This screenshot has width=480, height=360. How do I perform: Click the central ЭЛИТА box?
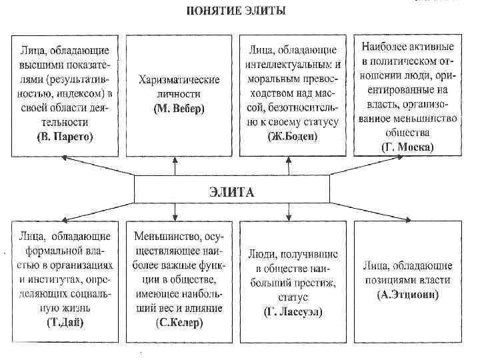[x=232, y=191]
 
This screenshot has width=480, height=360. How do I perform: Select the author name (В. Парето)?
[x=65, y=137]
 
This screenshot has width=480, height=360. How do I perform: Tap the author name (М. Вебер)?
[x=179, y=107]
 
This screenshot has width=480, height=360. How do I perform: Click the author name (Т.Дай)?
[x=65, y=322]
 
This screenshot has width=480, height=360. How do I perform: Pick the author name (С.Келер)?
[x=179, y=322]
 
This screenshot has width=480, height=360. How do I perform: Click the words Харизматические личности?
[x=179, y=87]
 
